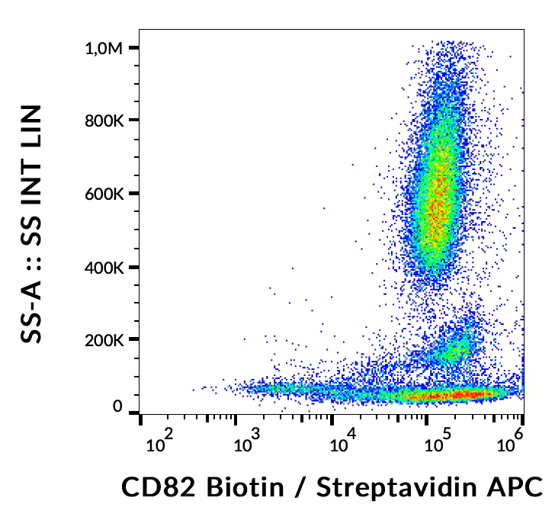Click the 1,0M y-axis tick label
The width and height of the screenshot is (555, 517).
104,48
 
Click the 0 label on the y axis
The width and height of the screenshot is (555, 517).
117,407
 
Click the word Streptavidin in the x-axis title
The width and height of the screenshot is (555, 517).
394,486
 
